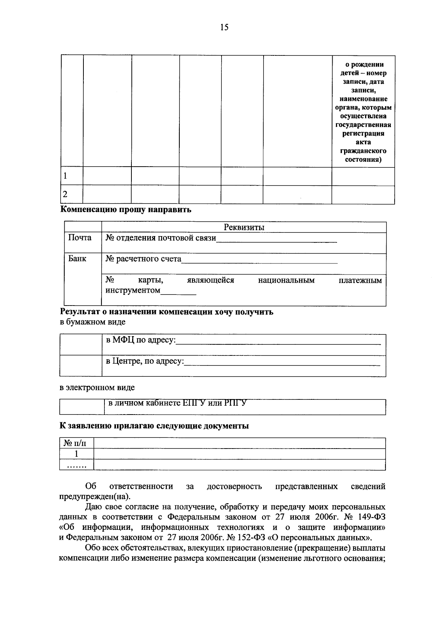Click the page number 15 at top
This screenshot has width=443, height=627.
[224, 27]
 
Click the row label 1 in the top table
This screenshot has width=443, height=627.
[65, 176]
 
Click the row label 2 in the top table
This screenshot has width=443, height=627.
[65, 194]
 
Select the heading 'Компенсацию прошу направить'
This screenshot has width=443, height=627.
[126, 210]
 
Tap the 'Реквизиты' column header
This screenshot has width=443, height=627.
[244, 227]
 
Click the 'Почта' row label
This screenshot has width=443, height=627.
[80, 238]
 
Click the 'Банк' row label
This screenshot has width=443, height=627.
[77, 259]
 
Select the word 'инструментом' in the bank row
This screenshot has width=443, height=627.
[133, 290]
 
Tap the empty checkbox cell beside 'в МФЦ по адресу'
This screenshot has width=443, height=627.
[81, 345]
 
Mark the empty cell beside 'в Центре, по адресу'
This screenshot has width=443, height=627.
[81, 366]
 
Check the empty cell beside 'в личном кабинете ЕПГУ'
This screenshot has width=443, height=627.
[82, 407]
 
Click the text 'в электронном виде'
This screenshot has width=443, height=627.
[97, 388]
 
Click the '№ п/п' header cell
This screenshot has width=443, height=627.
[76, 443]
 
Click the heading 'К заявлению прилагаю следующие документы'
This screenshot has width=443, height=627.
[154, 426]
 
